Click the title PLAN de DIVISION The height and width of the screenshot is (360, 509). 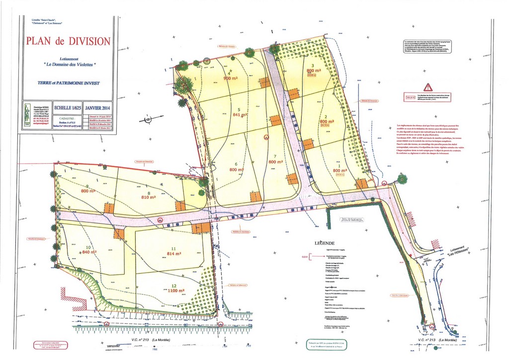(69, 41)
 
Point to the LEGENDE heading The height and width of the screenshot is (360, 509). (325, 243)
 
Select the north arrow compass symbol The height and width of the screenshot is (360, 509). (147, 119)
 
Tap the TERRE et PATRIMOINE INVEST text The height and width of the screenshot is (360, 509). (69, 83)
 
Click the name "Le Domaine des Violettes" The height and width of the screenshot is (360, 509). (69, 65)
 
